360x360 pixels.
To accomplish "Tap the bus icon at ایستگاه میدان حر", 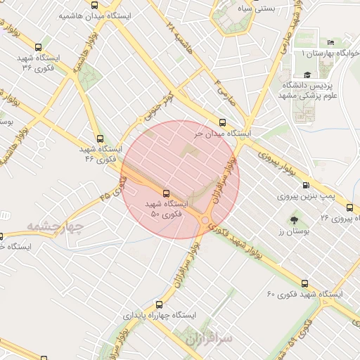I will point(223,121).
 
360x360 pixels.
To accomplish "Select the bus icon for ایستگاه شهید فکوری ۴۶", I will point(100,139).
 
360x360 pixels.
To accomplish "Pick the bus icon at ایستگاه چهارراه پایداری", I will point(159,305).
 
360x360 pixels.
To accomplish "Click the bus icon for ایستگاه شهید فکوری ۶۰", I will point(304,281).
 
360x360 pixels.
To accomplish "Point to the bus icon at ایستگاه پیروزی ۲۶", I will point(350,207).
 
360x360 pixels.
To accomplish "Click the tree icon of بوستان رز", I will point(292,219).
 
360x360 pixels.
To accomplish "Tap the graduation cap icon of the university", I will point(307,75).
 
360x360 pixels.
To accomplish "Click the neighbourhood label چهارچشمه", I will point(56,227).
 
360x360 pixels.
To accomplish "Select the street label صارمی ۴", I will point(221,87).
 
